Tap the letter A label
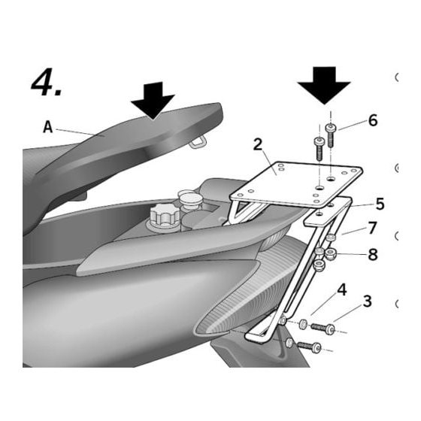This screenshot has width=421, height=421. click(x=48, y=127)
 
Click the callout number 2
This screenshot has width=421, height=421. click(x=258, y=144)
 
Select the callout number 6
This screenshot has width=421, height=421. click(x=373, y=120)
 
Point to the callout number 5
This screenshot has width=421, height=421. click(x=380, y=204)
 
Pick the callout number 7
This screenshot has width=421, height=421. click(x=373, y=228)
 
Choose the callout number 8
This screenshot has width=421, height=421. click(x=373, y=254)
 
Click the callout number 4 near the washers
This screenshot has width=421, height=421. click(x=342, y=290)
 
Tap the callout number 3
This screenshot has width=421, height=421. click(x=368, y=301)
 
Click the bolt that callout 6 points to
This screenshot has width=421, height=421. click(x=331, y=135)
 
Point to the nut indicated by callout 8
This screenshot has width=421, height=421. click(x=329, y=253)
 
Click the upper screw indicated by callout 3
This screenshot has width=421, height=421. click(x=323, y=328)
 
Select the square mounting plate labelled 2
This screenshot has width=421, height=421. click(x=296, y=184)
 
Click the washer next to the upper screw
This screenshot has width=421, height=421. click(x=303, y=324)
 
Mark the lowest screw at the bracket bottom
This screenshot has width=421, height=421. click(x=309, y=347)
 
